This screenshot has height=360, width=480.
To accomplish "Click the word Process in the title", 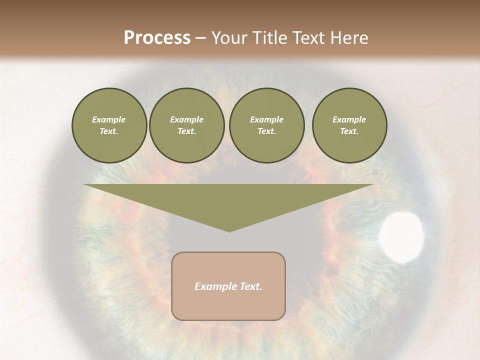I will pyautogui.click(x=157, y=37).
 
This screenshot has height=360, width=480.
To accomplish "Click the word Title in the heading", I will pyautogui.click(x=270, y=37).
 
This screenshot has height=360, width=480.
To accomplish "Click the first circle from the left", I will pyautogui.click(x=109, y=125).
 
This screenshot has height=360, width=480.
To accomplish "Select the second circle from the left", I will pyautogui.click(x=186, y=125).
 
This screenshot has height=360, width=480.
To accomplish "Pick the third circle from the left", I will pyautogui.click(x=266, y=125).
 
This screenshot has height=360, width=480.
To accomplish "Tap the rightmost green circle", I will pyautogui.click(x=349, y=125).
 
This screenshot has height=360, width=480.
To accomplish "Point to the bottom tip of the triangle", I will pyautogui.click(x=228, y=230).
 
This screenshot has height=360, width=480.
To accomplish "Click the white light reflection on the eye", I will pyautogui.click(x=401, y=237).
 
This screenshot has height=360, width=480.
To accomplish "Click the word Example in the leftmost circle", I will pyautogui.click(x=109, y=119).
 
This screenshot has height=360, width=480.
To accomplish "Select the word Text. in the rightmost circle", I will pyautogui.click(x=349, y=131).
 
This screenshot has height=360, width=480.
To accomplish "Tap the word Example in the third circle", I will pyautogui.click(x=266, y=119).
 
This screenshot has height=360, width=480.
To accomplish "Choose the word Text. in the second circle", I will pyautogui.click(x=186, y=131).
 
